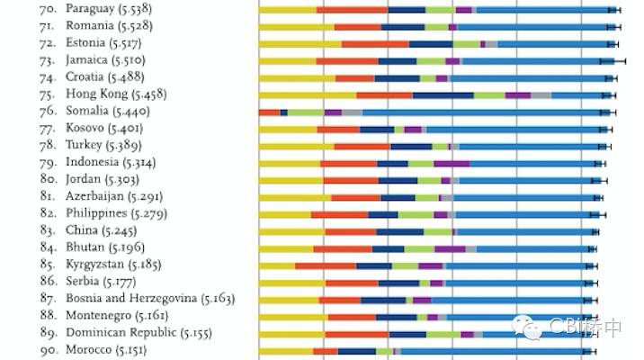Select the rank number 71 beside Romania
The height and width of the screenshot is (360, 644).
click(48, 26)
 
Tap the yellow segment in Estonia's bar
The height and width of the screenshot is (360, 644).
click(300, 43)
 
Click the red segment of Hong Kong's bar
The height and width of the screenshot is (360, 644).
click(384, 94)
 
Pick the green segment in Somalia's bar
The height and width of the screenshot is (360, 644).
click(306, 112)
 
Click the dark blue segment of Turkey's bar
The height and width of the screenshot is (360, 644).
click(411, 146)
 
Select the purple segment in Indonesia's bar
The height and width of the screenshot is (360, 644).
click(451, 163)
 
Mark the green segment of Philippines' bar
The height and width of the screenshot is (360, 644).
click(416, 214)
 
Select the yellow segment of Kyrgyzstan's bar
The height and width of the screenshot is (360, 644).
click(276, 265)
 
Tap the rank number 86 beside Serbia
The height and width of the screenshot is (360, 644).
click(48, 283)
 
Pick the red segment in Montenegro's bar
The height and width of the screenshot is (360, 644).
click(352, 317)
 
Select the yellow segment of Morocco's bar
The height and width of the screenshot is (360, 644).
click(285, 351)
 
